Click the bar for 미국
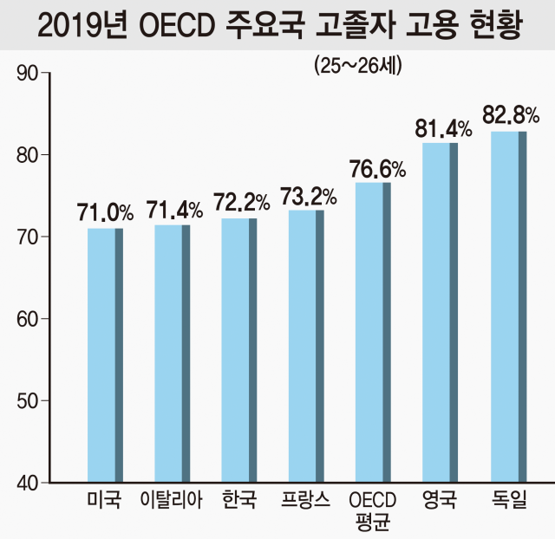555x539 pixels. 105,354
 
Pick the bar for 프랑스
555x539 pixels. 306,346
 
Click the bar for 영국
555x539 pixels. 440,312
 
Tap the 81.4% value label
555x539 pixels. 442,128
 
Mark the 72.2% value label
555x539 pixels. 240,204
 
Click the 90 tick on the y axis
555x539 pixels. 28,74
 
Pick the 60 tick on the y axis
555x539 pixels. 28,319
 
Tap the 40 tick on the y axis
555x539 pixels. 28,483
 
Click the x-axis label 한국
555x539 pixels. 238,500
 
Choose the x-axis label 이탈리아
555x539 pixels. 171,500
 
